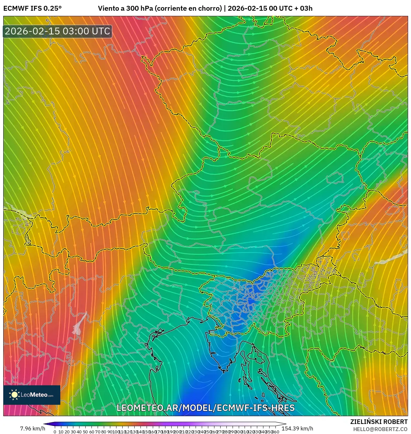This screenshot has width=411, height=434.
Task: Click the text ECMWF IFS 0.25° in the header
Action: point(32,8)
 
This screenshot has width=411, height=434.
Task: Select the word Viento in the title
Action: point(108,8)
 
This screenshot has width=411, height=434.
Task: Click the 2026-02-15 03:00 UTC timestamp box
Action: point(57,31)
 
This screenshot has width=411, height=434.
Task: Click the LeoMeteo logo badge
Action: point(32,395)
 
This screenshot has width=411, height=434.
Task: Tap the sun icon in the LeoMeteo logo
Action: point(15,395)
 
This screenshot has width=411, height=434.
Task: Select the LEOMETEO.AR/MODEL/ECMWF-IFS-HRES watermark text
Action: point(205,408)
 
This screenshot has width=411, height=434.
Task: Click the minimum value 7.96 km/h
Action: point(32,428)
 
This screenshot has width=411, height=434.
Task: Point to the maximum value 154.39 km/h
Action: point(297,428)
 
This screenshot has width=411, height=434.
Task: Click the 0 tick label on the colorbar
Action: point(55,432)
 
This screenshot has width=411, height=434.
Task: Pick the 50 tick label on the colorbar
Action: point(85,432)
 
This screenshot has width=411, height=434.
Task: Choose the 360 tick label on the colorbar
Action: point(275,432)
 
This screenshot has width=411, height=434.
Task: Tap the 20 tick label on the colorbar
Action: point(67,432)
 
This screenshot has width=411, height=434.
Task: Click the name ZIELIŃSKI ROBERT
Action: point(379,422)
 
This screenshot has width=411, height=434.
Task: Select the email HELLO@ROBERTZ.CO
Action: point(380,429)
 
